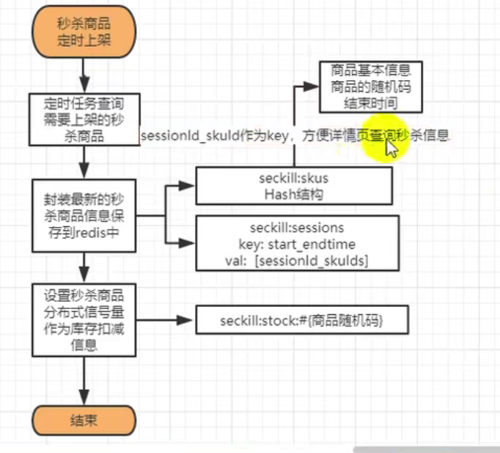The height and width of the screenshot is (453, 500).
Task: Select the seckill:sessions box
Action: [297, 242]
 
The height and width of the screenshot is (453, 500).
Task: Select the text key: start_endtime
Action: [297, 242]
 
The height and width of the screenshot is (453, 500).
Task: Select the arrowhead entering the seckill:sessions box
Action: [189, 242]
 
